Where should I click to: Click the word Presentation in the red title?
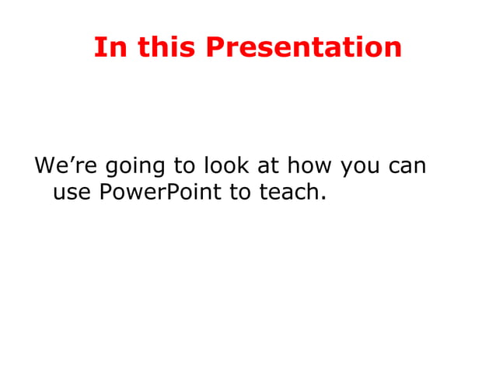(304, 47)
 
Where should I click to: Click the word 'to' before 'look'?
(180, 166)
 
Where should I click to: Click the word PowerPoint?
(160, 190)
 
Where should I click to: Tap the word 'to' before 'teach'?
(240, 190)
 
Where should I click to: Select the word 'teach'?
(287, 190)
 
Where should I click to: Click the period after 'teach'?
(321, 197)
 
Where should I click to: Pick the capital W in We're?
(45, 166)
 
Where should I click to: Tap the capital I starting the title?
(98, 47)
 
